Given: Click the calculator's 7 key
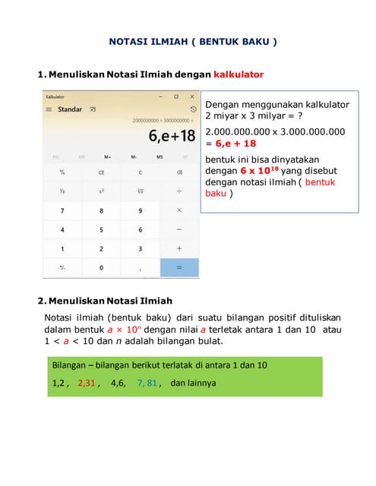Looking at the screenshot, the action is coord(62,210).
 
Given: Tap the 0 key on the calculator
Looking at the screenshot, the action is coord(101,268).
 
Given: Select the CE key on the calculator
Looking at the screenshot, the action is coord(101,172).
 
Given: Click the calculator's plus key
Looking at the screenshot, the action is coord(179,248).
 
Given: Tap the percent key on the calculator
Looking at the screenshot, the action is coord(62,172).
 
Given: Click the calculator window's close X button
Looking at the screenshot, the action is coord(191,97).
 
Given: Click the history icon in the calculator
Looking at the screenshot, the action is coord(193,109).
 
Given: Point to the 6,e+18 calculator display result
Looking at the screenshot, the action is coord(172,137).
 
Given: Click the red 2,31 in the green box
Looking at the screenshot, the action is coord(87,383).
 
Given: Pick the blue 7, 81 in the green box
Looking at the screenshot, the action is coord(147,383).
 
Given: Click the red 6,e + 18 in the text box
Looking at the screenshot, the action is coord(238,143).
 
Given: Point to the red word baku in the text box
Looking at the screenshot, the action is coord(216,193).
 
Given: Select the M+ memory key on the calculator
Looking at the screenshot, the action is coord(107,157).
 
